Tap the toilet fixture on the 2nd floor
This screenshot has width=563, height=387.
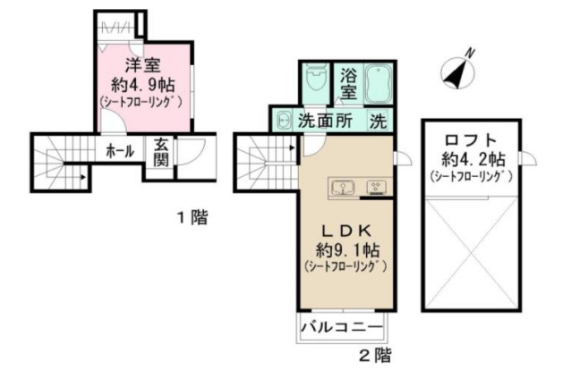[x=313, y=82]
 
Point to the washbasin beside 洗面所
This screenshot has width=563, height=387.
[x=283, y=121]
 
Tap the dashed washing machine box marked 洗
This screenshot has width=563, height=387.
[x=379, y=121]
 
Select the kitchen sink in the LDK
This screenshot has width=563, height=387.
[x=342, y=188]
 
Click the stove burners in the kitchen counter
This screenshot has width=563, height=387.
[x=376, y=188]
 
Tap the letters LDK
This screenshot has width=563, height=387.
[x=343, y=226]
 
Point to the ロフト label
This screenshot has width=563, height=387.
[x=469, y=140]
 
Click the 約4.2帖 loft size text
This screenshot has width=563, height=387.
[x=469, y=159]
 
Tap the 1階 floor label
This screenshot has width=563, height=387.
[x=191, y=217]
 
